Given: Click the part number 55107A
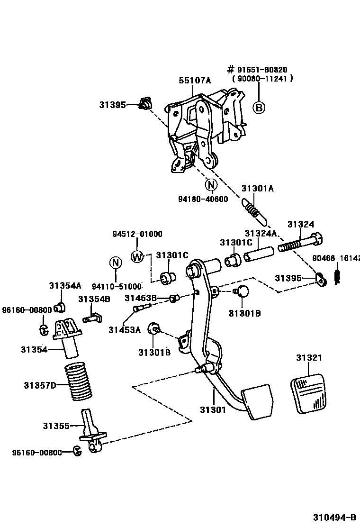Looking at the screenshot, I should (194, 81).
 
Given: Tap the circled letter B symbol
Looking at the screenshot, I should (259, 108).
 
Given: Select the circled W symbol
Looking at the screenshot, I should (137, 256).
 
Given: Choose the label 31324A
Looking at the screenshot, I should (261, 234).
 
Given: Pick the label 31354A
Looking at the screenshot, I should (65, 285).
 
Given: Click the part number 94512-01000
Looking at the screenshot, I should (137, 234).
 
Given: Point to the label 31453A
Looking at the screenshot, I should (124, 330).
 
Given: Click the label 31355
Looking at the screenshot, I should (56, 426).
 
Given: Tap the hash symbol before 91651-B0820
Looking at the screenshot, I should (231, 70).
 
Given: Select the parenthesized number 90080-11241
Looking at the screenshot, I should (262, 79).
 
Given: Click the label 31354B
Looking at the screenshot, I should (94, 299).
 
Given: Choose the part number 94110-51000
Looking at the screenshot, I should (117, 286).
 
